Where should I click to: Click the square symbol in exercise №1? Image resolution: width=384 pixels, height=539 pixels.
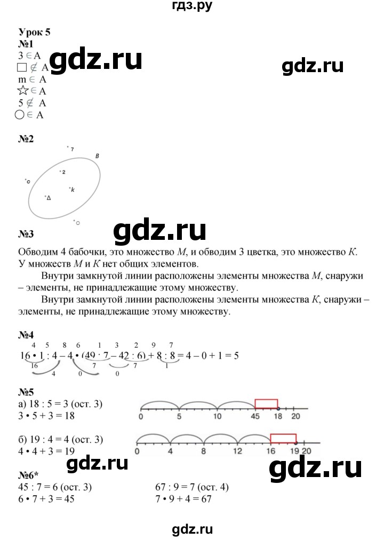(22, 67)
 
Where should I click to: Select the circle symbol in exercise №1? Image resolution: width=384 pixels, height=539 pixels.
(22, 114)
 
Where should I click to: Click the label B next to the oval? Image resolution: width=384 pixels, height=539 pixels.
(98, 156)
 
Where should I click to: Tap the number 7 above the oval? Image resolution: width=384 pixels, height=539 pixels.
(71, 149)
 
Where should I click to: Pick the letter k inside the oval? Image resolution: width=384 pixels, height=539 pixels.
(73, 190)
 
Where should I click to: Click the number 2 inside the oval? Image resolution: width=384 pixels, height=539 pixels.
(63, 172)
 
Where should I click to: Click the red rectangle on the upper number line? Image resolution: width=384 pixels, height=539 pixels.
(266, 404)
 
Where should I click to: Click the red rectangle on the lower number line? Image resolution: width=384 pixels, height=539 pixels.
(283, 439)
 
